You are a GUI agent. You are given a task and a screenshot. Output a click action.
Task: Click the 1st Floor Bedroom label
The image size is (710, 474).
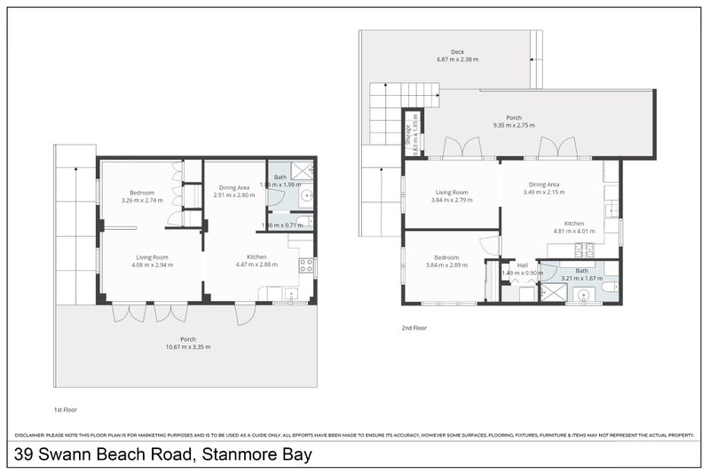(x=142, y=193)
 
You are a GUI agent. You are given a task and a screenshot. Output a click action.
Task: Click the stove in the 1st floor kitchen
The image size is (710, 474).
(x=306, y=265)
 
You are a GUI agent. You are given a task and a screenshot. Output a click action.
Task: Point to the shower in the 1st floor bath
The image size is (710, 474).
(x=303, y=170)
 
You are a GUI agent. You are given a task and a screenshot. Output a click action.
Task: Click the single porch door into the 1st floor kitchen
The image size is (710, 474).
(x=245, y=312)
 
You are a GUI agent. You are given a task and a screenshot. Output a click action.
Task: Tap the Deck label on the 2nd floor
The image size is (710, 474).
(x=457, y=52)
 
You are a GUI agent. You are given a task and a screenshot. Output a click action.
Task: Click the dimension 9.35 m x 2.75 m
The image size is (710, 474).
(x=514, y=126)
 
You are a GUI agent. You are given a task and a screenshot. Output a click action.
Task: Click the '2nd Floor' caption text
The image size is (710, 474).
(x=414, y=328)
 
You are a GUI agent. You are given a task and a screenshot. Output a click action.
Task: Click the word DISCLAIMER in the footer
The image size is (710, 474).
(x=34, y=435)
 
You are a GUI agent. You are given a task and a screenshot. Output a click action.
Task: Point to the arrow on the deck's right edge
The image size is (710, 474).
(x=532, y=60)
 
